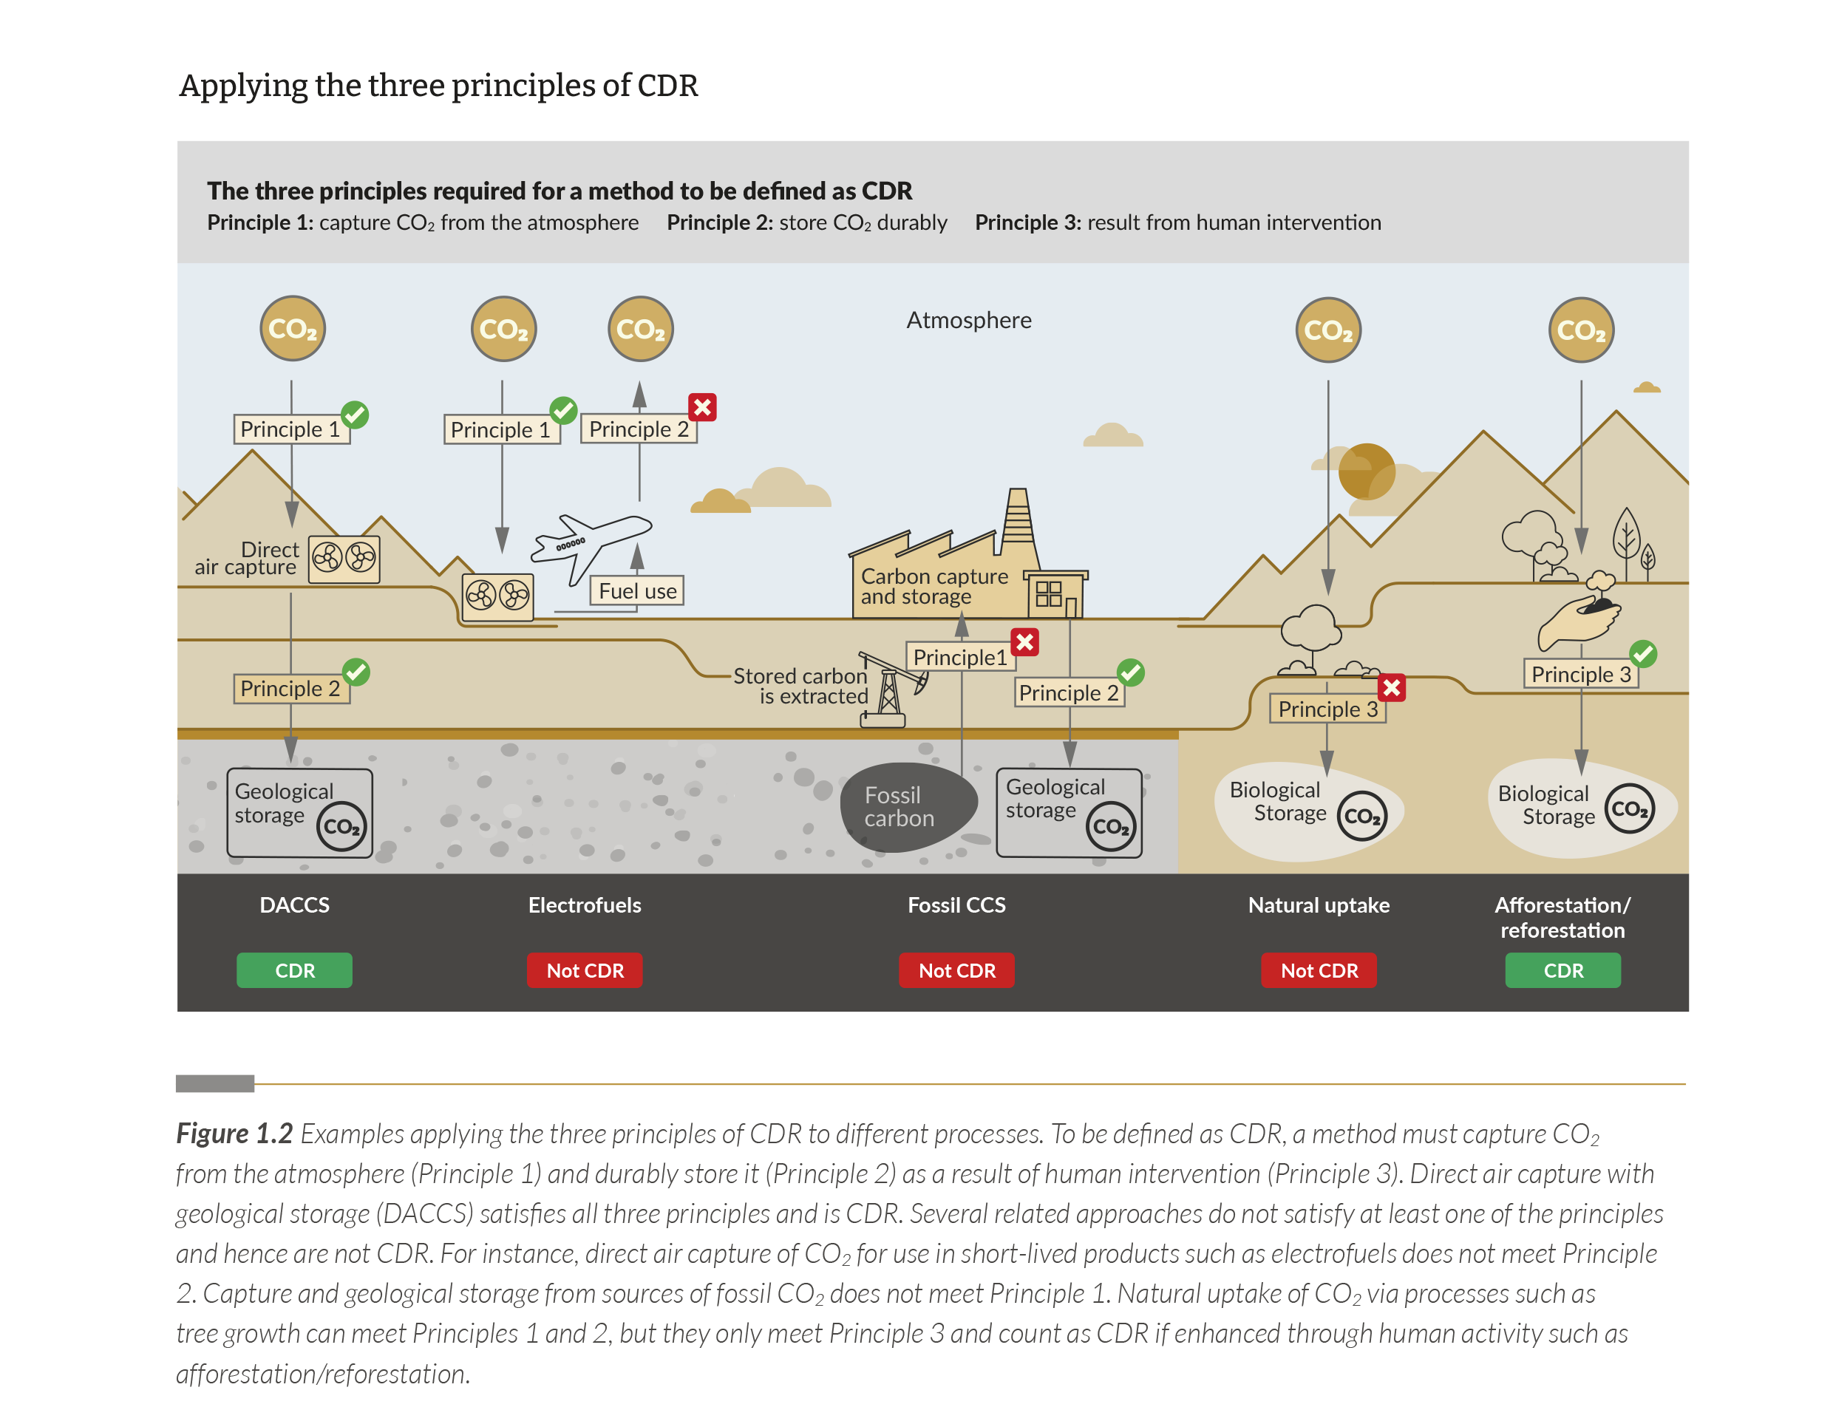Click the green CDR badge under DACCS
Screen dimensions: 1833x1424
pos(295,970)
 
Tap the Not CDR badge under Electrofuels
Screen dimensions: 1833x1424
pos(585,970)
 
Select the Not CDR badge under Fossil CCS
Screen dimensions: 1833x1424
pos(957,970)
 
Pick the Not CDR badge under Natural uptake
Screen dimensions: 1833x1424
pos(1319,970)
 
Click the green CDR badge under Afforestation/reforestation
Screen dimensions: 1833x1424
pos(1562,970)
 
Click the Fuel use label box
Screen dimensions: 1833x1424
pos(638,590)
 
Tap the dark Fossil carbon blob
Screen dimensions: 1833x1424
pos(908,806)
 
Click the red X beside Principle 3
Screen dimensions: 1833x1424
pos(1392,687)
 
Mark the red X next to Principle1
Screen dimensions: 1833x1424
pos(1024,642)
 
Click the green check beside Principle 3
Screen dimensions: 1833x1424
pos(1642,654)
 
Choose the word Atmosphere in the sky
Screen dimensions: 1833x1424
pos(968,320)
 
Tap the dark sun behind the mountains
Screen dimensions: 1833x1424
pos(1367,471)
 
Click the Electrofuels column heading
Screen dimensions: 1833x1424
pos(585,905)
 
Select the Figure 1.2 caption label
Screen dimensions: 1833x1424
pos(234,1133)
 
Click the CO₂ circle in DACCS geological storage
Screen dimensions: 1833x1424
pos(341,827)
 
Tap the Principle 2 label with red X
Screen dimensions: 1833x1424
pos(639,429)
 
